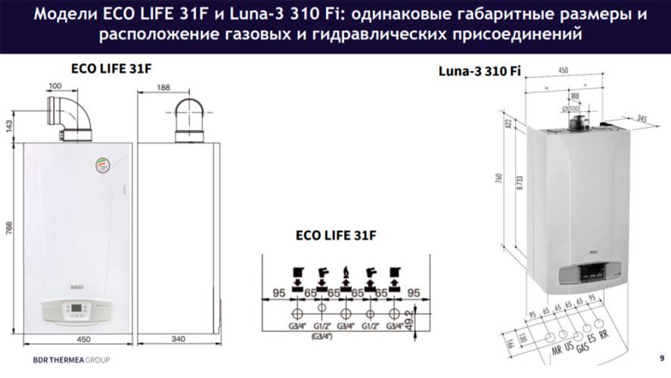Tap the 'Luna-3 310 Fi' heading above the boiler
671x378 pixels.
tap(480, 71)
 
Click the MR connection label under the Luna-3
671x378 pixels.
tap(558, 351)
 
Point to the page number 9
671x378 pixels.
tap(662, 358)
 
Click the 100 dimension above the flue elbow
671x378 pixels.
tap(55, 87)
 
